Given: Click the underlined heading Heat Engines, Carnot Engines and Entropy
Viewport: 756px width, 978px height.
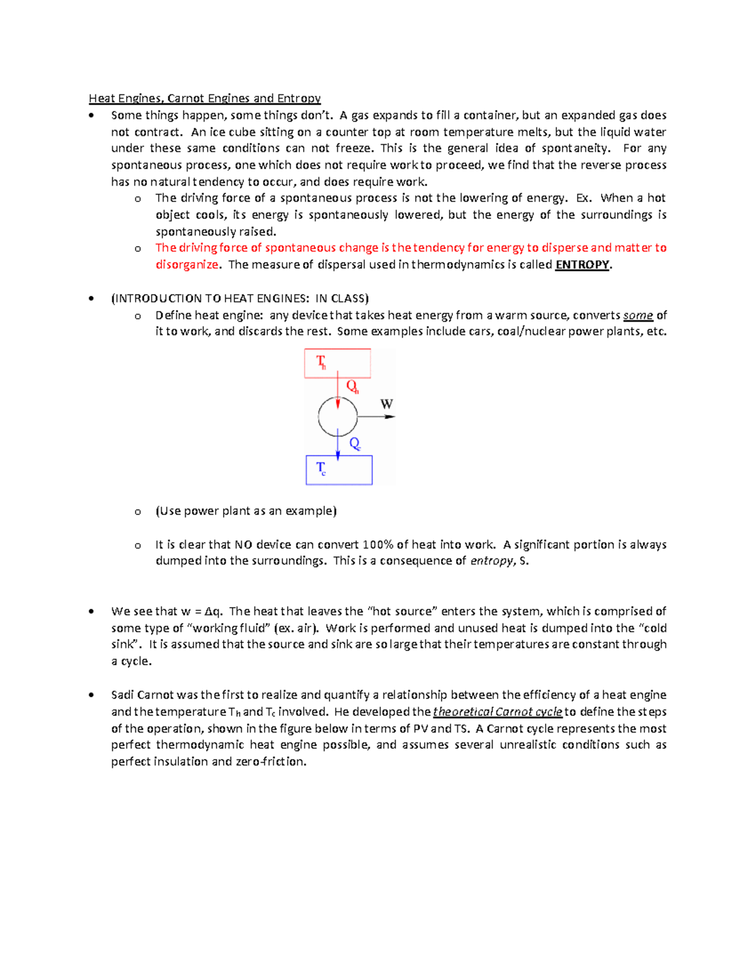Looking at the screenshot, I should coord(205,98).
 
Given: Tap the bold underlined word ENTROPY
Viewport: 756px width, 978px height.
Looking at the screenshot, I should coord(581,265).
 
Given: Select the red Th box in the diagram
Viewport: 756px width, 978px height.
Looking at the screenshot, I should coord(337,363).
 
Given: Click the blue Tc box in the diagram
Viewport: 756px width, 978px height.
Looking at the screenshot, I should coord(339,470).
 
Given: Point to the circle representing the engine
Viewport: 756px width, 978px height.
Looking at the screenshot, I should coord(338,417).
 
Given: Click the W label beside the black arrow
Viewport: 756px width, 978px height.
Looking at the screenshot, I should coord(387,404).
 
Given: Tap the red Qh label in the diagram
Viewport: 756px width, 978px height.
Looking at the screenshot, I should coord(352,387).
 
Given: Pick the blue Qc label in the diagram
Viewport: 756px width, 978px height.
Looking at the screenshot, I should coord(355,444).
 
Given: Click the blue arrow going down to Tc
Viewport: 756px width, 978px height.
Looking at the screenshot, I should coord(338,446).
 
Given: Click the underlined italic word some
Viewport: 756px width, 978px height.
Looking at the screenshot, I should coord(638,316).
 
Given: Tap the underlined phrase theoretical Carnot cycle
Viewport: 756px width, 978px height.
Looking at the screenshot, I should coord(498,712).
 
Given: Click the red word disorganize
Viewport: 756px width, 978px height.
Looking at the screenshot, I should coord(186,265).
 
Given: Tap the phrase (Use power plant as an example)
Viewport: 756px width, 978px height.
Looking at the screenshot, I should coord(246,511).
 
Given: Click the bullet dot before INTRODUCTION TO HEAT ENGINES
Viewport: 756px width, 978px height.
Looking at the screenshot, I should coord(92,299).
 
